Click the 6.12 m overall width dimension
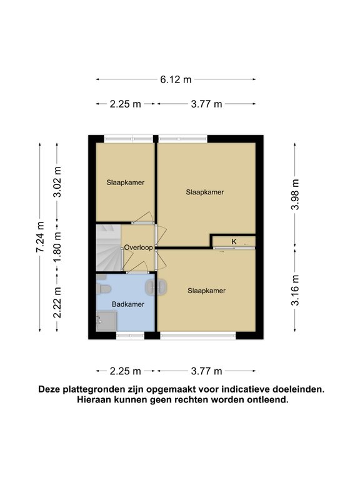(x=176, y=79)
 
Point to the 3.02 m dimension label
(x=57, y=182)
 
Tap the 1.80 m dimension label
(x=57, y=247)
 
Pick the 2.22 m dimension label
(x=57, y=303)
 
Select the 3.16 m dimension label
(x=296, y=290)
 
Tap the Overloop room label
(x=138, y=247)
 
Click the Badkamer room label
(x=128, y=304)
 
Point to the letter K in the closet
(x=234, y=241)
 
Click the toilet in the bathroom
(x=105, y=288)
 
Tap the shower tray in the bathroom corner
(x=106, y=321)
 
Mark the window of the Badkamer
(x=130, y=336)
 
